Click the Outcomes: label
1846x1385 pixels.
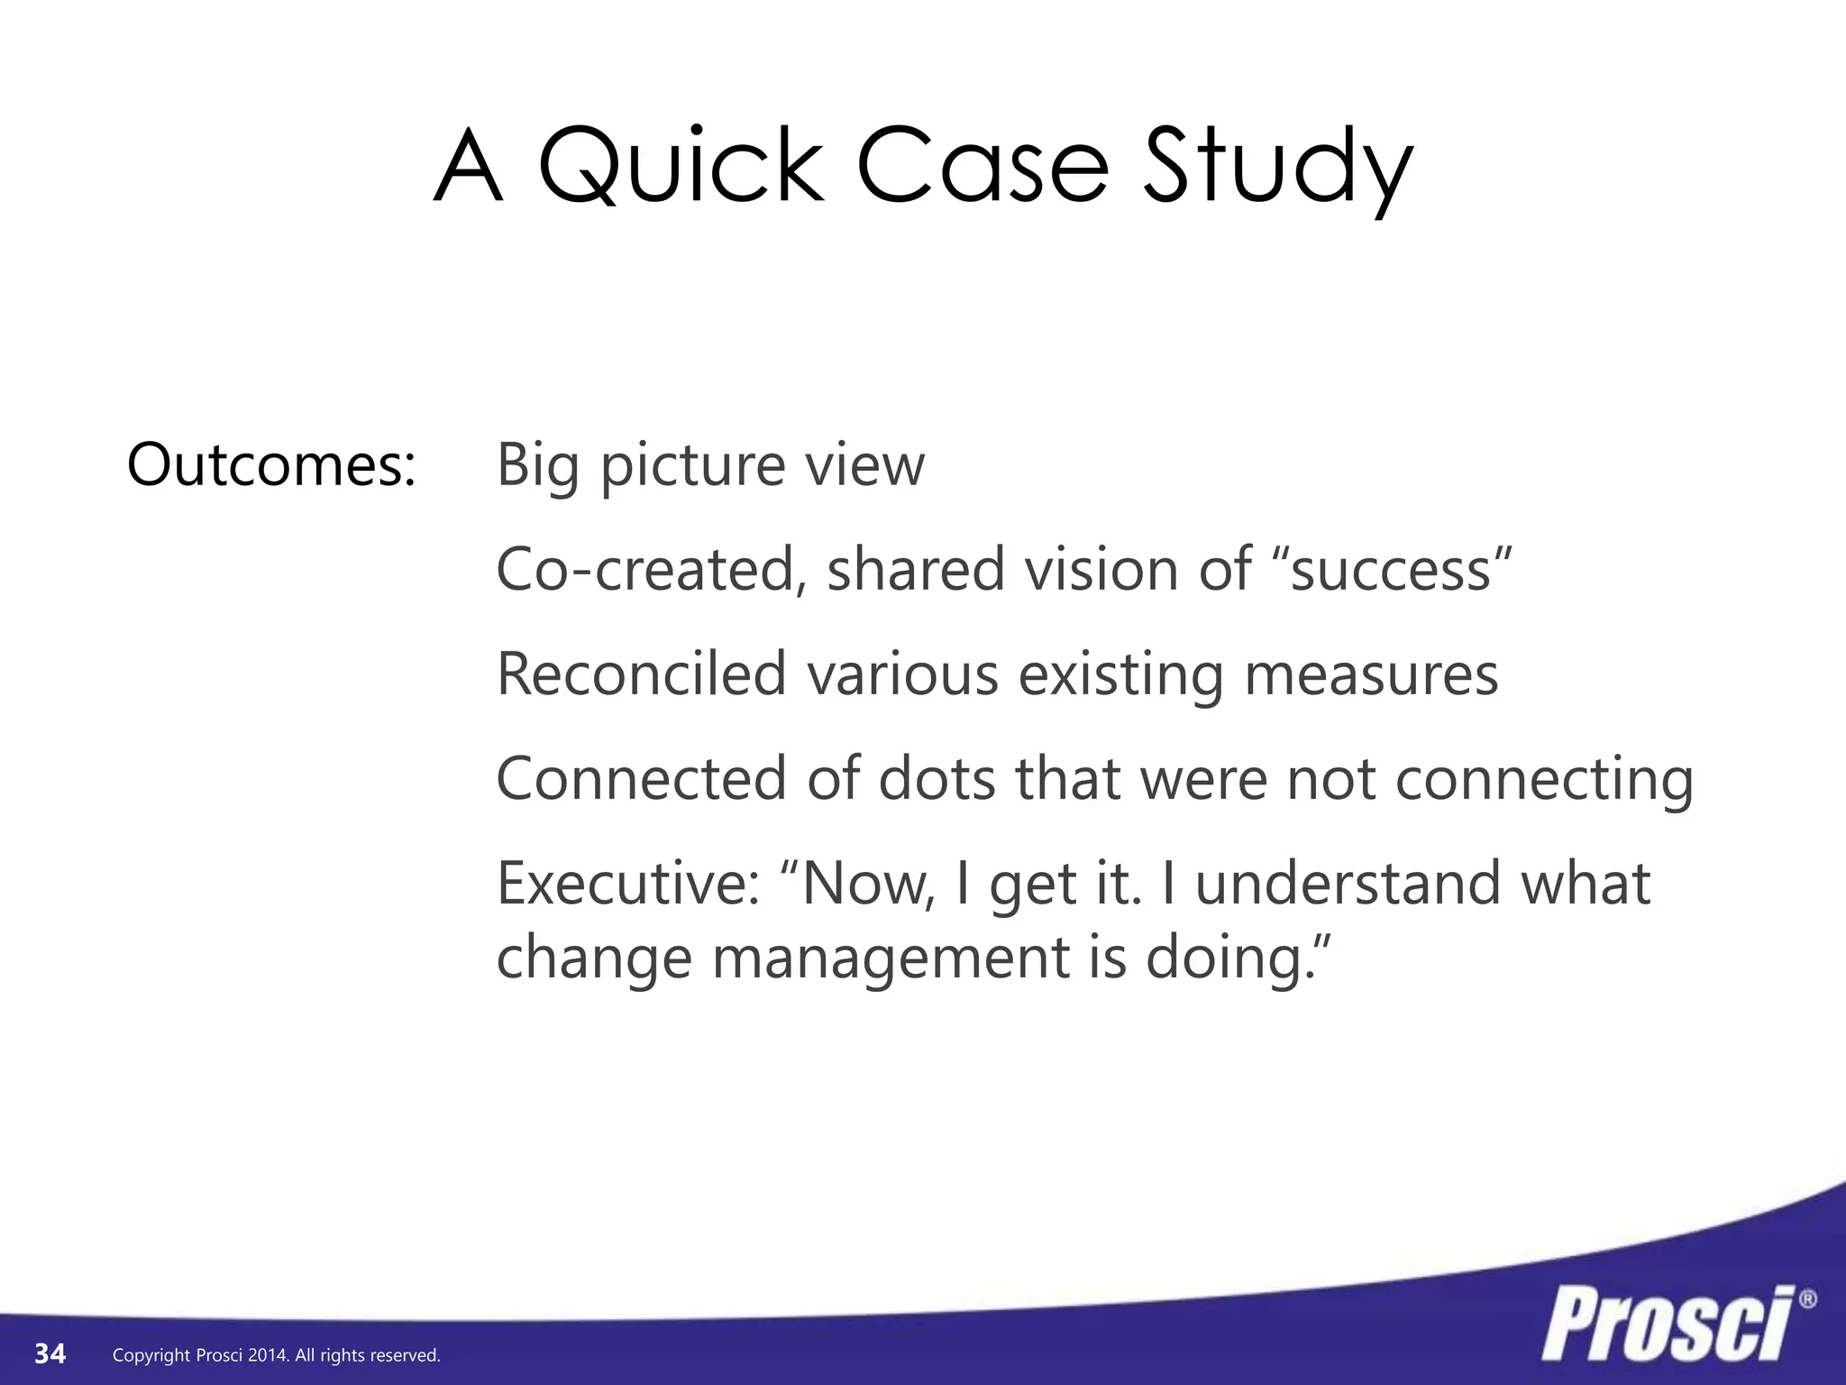click(x=271, y=465)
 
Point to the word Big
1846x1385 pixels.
click(x=537, y=467)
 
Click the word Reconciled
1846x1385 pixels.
click(x=642, y=674)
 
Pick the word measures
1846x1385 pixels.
click(x=1371, y=674)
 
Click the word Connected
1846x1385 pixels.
click(x=641, y=779)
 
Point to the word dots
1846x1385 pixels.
click(x=937, y=779)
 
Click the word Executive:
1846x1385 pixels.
click(x=627, y=884)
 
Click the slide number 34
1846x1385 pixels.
click(x=50, y=1353)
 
